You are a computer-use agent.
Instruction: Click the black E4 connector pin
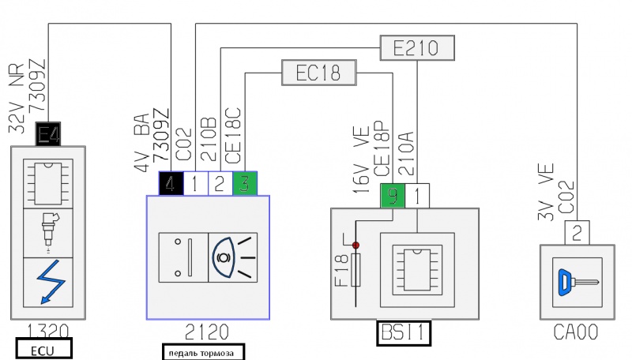tap(48, 134)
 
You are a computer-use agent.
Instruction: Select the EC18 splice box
tap(319, 73)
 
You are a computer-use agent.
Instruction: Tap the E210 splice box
tap(417, 48)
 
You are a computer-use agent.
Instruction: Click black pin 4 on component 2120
tap(171, 184)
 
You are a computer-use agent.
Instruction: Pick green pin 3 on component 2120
tap(245, 184)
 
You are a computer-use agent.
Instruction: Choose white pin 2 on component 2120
tap(220, 184)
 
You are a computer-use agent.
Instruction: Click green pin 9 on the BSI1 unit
tap(393, 196)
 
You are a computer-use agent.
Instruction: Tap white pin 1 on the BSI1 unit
tap(417, 196)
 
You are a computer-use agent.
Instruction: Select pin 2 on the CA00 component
tap(577, 233)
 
